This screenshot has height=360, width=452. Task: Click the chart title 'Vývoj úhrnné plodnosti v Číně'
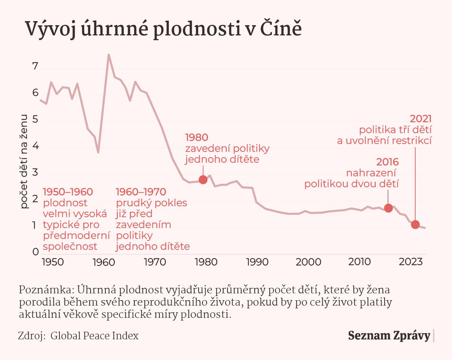163,29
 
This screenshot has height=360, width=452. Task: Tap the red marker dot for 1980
203,180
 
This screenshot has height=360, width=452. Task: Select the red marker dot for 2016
388,208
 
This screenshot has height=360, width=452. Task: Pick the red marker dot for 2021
415,225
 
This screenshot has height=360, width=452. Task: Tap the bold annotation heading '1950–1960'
68,192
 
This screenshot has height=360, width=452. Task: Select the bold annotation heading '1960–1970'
140,192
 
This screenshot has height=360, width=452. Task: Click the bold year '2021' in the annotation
420,119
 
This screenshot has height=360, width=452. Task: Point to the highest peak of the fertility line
108,55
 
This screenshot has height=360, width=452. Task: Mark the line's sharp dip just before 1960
98,152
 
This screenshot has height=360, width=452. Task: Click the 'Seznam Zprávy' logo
389,336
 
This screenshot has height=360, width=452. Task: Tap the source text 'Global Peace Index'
94,336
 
